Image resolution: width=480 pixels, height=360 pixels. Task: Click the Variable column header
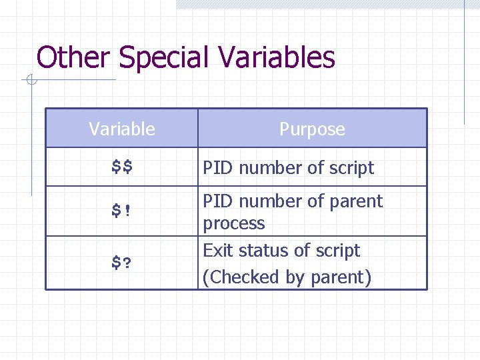[x=122, y=129]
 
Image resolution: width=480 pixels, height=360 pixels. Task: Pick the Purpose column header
[x=312, y=129]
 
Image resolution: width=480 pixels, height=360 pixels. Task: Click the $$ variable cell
[x=122, y=167]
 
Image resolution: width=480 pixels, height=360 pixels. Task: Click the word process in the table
[x=234, y=224]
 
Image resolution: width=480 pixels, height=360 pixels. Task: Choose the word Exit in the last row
[x=217, y=251]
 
